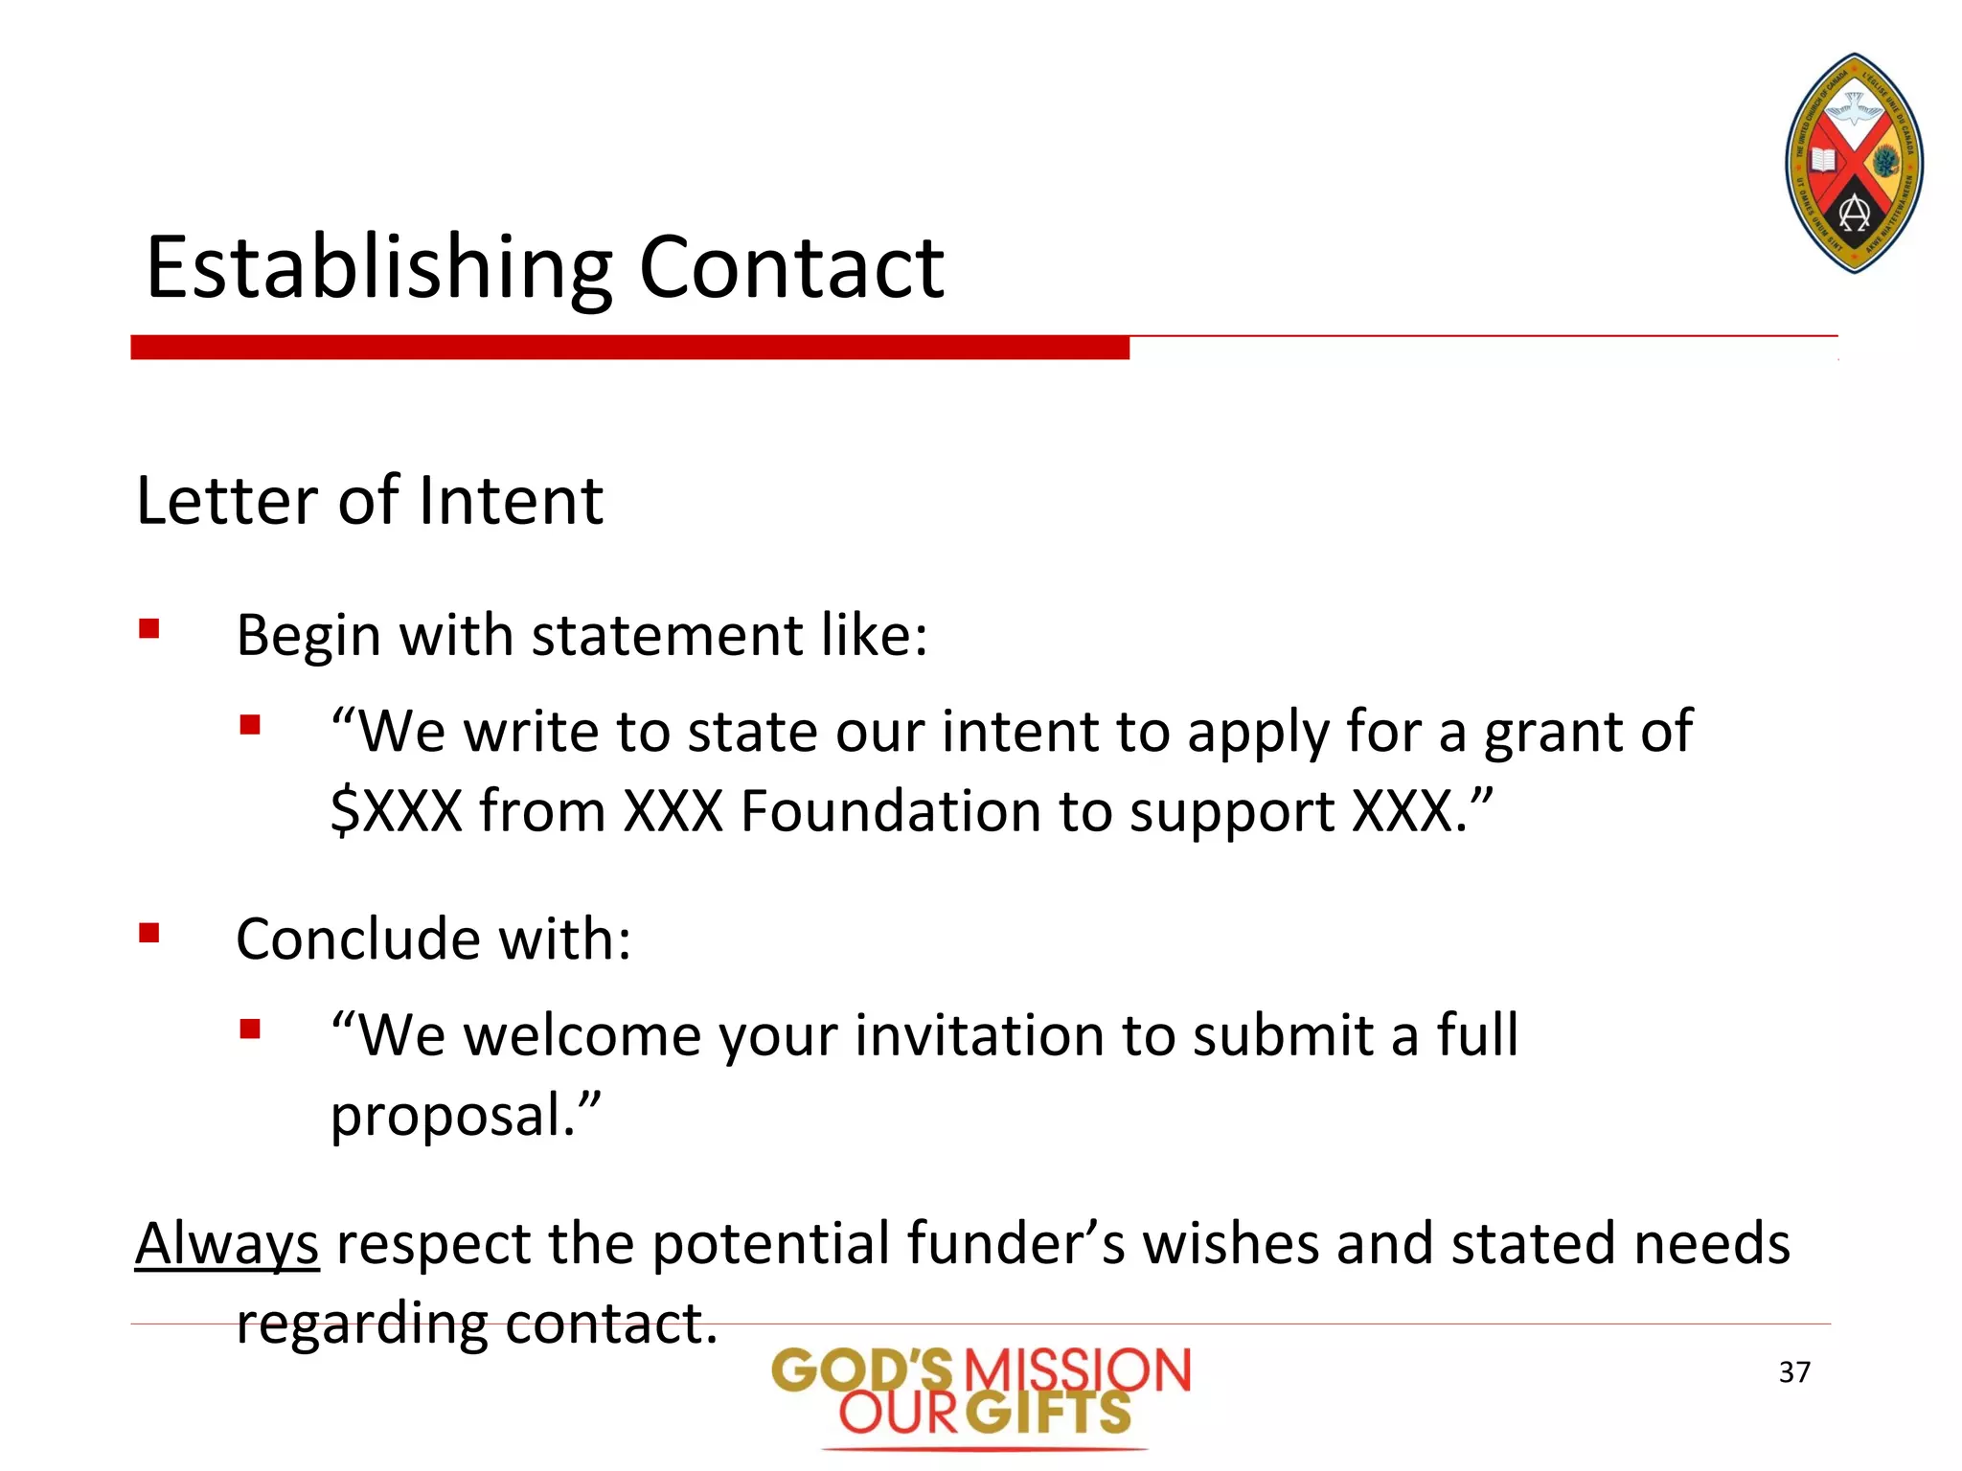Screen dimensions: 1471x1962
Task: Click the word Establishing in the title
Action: [378, 268]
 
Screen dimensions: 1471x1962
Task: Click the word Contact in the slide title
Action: [791, 268]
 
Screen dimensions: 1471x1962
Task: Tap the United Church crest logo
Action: [1854, 163]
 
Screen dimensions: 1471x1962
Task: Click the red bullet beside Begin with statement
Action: [148, 629]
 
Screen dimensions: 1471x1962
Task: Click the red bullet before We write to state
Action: [250, 725]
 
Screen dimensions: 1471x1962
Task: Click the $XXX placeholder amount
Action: [397, 811]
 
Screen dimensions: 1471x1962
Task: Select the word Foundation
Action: [890, 811]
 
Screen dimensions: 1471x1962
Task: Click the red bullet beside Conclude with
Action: [148, 933]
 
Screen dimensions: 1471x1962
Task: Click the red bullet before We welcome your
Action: [250, 1030]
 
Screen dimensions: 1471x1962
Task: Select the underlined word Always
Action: [227, 1245]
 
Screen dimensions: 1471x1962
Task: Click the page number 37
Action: [1794, 1372]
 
